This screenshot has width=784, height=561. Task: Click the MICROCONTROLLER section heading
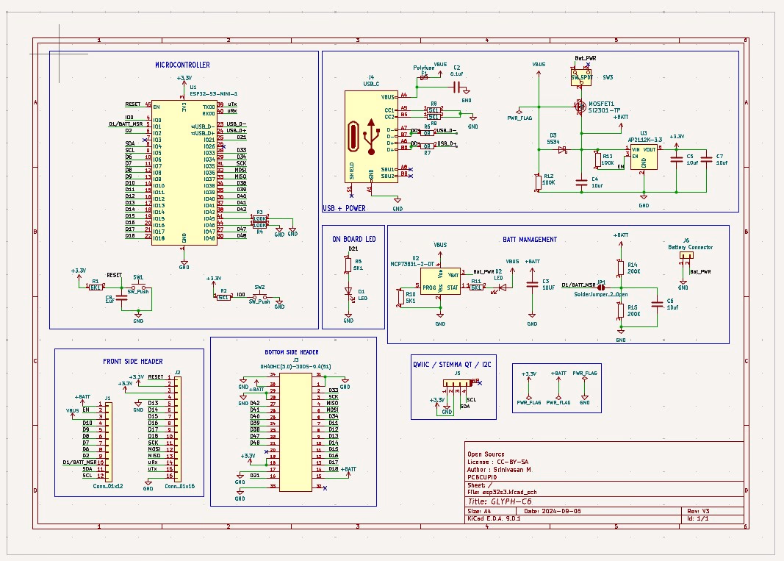(181, 65)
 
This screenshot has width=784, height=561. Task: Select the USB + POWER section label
(344, 208)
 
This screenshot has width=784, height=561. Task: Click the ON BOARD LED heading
(353, 239)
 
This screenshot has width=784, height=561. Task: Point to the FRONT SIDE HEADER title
(133, 361)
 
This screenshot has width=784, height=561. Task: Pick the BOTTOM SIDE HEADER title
(292, 352)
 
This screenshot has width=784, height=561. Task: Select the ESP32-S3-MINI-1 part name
(213, 94)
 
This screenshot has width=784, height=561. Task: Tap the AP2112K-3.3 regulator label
(645, 139)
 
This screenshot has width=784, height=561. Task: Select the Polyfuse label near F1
(423, 67)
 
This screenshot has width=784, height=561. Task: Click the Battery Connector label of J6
(690, 248)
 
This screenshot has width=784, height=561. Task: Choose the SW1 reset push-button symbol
(138, 287)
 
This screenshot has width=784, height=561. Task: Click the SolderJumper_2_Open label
(600, 293)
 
